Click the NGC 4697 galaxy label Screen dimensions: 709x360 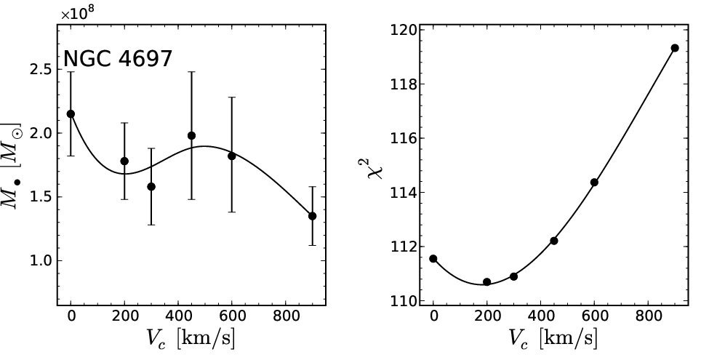[x=118, y=59]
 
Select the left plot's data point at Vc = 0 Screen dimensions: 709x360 [x=71, y=114]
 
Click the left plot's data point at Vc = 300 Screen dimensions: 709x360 [x=151, y=187]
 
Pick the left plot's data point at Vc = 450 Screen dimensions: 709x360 [x=191, y=136]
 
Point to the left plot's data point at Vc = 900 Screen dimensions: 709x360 [x=312, y=216]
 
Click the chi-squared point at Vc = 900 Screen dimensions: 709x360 [x=675, y=48]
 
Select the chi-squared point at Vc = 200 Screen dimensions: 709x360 [x=487, y=282]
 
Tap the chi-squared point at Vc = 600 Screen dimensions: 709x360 [x=594, y=183]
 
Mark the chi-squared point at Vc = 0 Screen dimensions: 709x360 [x=433, y=259]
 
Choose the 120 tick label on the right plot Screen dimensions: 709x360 [x=402, y=31]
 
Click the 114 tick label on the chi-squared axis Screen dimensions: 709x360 [x=402, y=193]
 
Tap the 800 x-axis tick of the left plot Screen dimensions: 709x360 [x=285, y=316]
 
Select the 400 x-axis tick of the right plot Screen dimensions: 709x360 [x=540, y=316]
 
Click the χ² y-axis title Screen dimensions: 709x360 [x=374, y=165]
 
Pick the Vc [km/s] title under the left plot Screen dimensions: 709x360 [x=191, y=339]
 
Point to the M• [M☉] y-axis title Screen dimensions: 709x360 [x=12, y=166]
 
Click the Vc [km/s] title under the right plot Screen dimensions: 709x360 [x=553, y=339]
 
